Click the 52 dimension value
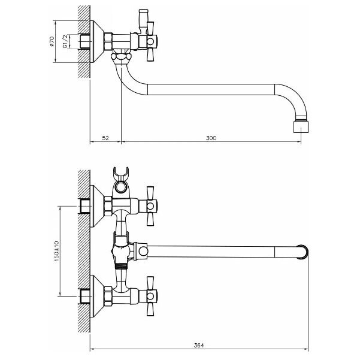105,138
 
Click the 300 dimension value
211,138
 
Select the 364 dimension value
199,345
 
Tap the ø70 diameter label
52,41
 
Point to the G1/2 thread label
65,41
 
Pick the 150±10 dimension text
56,252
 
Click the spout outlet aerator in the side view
301,127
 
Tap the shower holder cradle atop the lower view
121,174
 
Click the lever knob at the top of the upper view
143,11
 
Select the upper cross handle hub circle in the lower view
150,206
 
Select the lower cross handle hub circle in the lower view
150,296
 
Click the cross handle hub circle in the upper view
150,41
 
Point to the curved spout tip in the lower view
303,252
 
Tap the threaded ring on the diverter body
120,266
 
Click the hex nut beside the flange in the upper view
108,41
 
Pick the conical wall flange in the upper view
98,41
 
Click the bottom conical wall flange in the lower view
98,296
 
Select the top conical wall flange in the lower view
98,206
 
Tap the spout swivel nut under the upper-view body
121,57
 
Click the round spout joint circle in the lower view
143,252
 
